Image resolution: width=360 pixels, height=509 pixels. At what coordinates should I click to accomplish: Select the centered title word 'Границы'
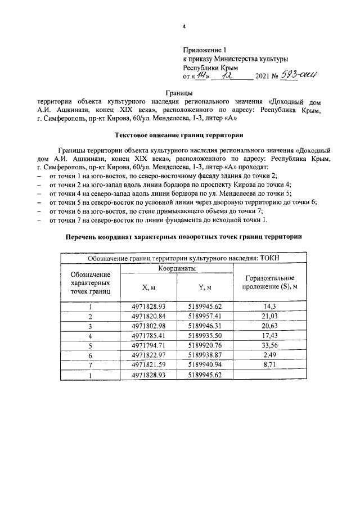(179, 92)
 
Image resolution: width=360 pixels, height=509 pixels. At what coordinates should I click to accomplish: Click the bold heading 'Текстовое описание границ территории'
(179, 136)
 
